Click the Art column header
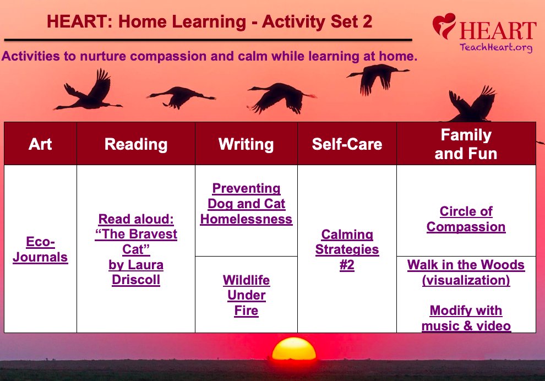pyautogui.click(x=40, y=144)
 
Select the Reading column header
pyautogui.click(x=136, y=144)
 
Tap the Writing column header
pyautogui.click(x=246, y=144)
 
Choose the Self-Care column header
pyautogui.click(x=347, y=144)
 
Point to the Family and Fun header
pyautogui.click(x=466, y=144)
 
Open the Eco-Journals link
pyautogui.click(x=40, y=250)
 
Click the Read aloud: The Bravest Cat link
pyautogui.click(x=136, y=249)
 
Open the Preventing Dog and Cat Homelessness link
pyautogui.click(x=246, y=204)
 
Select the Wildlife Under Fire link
pyautogui.click(x=246, y=295)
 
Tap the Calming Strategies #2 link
pyautogui.click(x=347, y=250)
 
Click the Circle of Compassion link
pyautogui.click(x=466, y=219)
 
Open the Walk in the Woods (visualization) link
pyautogui.click(x=466, y=273)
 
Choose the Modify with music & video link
pyautogui.click(x=466, y=318)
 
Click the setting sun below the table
pyautogui.click(x=295, y=349)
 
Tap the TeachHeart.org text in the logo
pyautogui.click(x=496, y=47)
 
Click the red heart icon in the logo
pyautogui.click(x=444, y=26)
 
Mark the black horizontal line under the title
pyautogui.click(x=208, y=40)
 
